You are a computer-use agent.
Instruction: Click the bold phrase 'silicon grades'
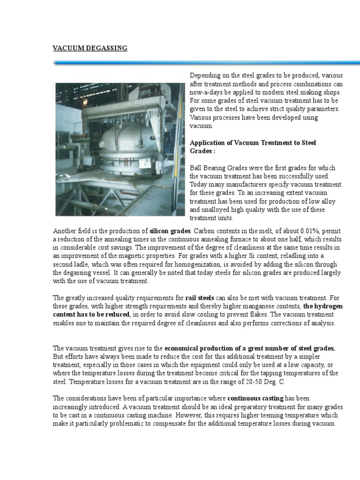click(170, 231)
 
